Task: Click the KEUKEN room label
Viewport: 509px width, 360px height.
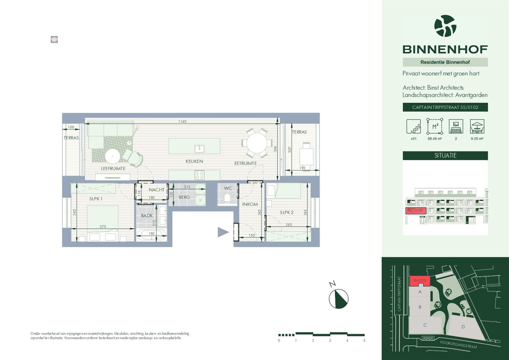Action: tap(194, 161)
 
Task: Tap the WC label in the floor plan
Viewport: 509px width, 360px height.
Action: tap(228, 188)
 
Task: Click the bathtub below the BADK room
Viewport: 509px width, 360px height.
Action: tap(151, 234)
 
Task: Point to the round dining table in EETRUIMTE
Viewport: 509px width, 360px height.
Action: tap(257, 143)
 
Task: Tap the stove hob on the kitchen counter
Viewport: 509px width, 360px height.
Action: tap(199, 174)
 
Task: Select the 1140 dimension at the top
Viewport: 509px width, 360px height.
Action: tap(182, 121)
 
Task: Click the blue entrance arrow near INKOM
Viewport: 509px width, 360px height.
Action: tap(223, 232)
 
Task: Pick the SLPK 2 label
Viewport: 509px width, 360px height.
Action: tap(287, 213)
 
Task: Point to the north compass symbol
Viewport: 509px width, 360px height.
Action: tap(338, 298)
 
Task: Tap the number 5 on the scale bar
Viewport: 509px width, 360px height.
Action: tap(364, 341)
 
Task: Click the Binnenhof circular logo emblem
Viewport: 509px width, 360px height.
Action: tap(445, 26)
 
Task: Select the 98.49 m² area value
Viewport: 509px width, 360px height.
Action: tap(435, 139)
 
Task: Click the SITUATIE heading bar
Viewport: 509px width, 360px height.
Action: tap(445, 156)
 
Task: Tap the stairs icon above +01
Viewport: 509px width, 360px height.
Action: tap(413, 126)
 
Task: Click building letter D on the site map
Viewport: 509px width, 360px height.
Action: tap(463, 327)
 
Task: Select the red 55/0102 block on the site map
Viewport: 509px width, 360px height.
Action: tap(419, 280)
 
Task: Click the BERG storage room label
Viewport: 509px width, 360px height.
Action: tap(184, 197)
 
